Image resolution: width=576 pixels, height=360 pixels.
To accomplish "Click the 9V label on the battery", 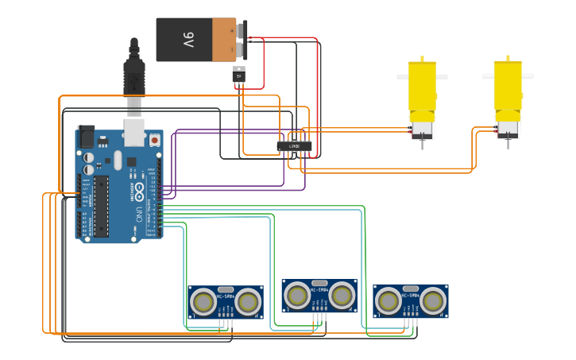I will (x=188, y=40).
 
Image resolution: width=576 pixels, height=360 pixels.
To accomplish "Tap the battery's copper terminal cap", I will (x=224, y=40).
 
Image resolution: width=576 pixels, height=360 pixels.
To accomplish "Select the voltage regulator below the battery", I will (x=239, y=77).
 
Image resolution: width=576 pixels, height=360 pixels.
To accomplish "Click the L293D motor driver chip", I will (x=294, y=145).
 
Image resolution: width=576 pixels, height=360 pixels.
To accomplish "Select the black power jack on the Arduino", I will (x=85, y=137).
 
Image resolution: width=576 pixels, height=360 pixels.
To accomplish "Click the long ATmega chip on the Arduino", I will (x=101, y=206).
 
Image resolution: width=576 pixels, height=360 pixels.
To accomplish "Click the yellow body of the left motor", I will (x=422, y=87).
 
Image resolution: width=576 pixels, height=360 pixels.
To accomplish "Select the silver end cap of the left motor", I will (x=421, y=128).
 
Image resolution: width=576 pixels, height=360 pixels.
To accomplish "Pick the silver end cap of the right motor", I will (x=506, y=128).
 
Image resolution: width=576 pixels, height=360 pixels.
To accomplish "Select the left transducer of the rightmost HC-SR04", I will (x=389, y=300).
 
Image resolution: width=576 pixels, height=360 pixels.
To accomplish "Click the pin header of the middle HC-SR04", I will (x=319, y=315).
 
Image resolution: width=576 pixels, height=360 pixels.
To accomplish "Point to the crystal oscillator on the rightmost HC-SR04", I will (x=410, y=288).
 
